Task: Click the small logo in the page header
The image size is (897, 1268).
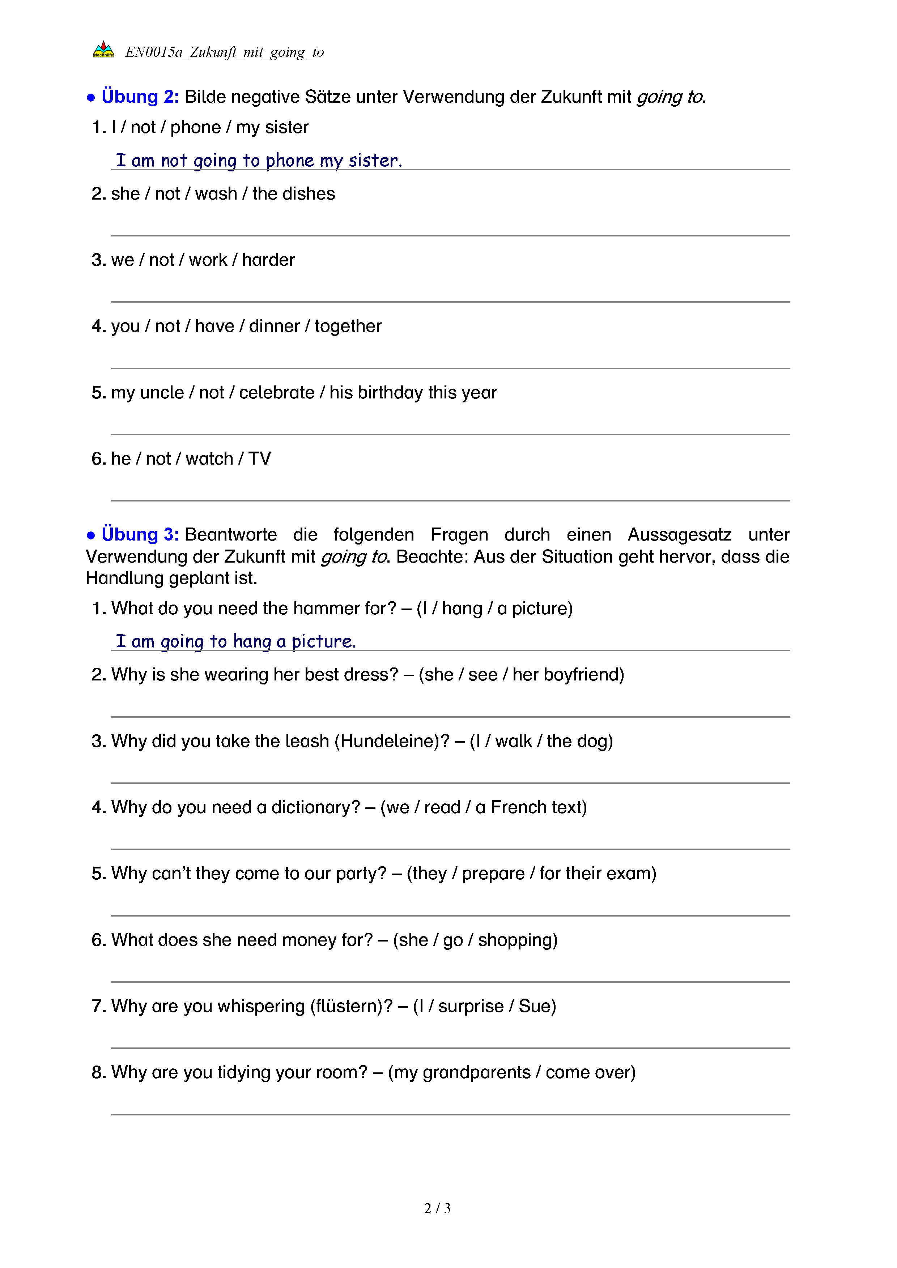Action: coord(103,50)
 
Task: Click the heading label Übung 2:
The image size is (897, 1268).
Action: coord(140,97)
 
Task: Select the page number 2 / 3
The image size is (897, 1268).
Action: coord(437,1208)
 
